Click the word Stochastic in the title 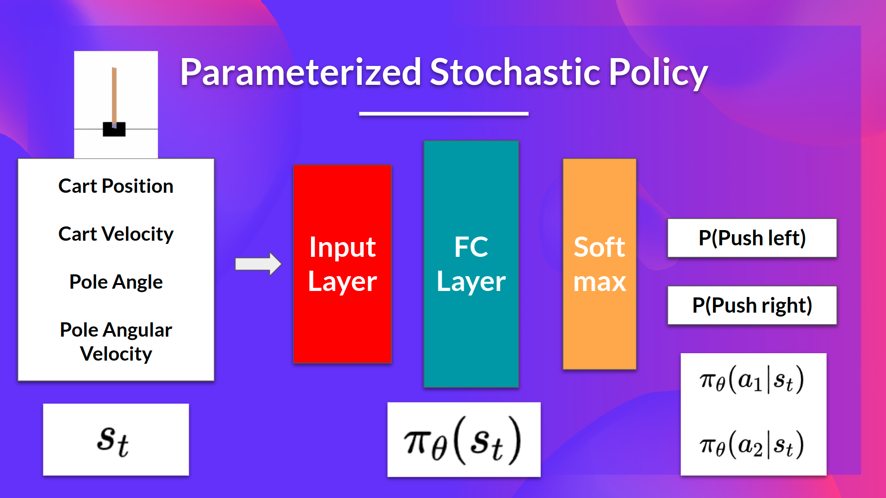point(515,72)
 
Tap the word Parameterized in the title point(300,72)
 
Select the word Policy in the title point(658,72)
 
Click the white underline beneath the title point(443,113)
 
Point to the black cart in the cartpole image point(114,130)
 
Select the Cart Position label point(116,186)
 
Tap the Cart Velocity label point(116,234)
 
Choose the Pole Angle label point(116,282)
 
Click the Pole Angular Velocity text point(116,342)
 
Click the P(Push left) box point(752,238)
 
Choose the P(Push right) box point(752,305)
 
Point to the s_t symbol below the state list point(114,440)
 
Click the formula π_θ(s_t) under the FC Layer point(463,440)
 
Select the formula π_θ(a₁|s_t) point(752,380)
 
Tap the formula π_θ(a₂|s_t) point(752,445)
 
